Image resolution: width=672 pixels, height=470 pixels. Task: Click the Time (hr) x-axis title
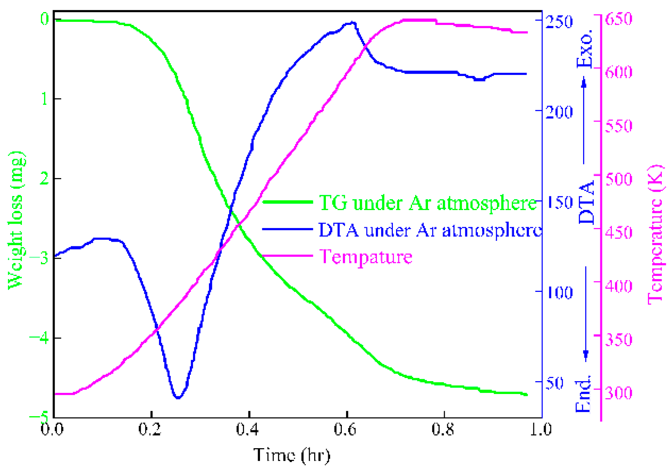click(x=292, y=455)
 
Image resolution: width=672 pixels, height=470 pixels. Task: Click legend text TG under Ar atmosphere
click(x=427, y=203)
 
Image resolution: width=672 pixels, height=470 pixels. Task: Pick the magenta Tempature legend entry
click(x=366, y=256)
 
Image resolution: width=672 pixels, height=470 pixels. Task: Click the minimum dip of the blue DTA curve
click(x=178, y=398)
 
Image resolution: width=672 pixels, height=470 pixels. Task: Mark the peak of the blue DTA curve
click(x=352, y=23)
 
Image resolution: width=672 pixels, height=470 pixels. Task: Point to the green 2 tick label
click(x=44, y=178)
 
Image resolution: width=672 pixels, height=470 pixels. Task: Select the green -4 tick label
click(x=40, y=338)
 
